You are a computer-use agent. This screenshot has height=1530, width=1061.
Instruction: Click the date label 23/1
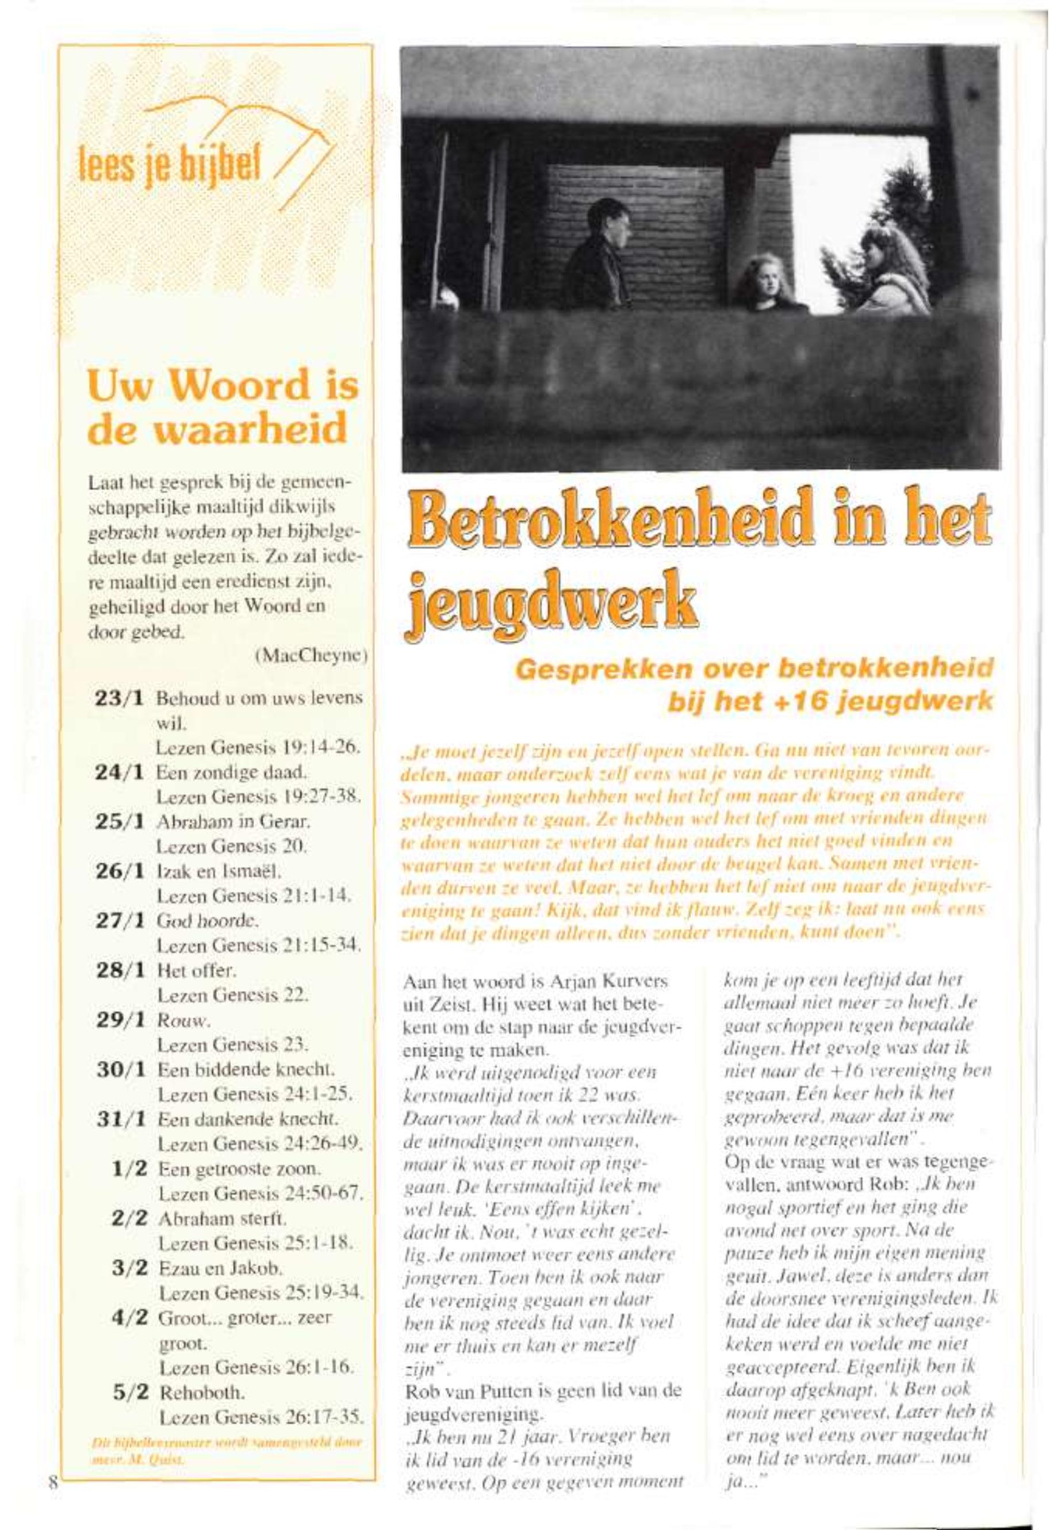click(120, 699)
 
